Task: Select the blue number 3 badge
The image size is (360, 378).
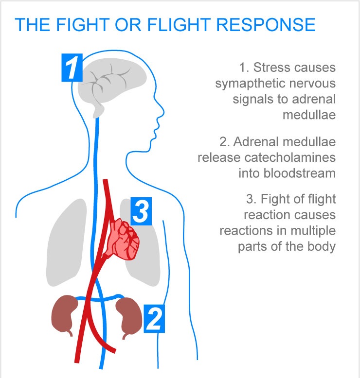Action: point(141,212)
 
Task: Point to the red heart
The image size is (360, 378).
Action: point(125,239)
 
